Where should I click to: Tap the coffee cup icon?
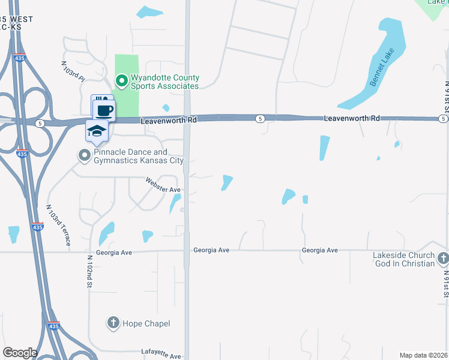pyautogui.click(x=104, y=110)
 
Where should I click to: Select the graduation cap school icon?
pyautogui.click(x=97, y=130)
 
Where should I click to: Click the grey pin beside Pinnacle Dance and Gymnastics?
pyautogui.click(x=84, y=156)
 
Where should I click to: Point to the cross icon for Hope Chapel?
pyautogui.click(x=112, y=323)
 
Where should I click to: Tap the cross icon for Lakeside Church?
pyautogui.click(x=443, y=259)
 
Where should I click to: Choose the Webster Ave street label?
pyautogui.click(x=163, y=185)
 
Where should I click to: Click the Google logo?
pyautogui.click(x=20, y=353)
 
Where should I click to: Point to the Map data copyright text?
pyautogui.click(x=423, y=355)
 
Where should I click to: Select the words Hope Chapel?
pyautogui.click(x=146, y=323)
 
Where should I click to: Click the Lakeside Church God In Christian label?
pyautogui.click(x=403, y=259)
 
